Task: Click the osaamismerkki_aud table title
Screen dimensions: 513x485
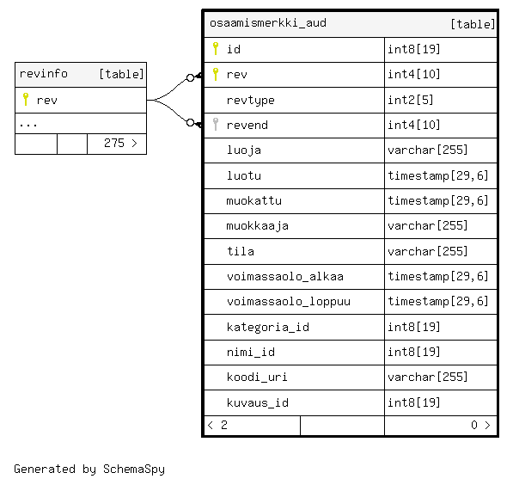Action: [268, 23]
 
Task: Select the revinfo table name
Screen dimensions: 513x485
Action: [44, 74]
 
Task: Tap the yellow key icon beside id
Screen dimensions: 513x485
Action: [216, 48]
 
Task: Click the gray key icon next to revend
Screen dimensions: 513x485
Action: [216, 124]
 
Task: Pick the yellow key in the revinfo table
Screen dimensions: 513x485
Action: [26, 99]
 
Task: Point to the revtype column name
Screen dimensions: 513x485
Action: [250, 101]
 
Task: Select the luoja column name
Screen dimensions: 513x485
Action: [244, 150]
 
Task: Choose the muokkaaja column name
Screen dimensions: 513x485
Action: [257, 226]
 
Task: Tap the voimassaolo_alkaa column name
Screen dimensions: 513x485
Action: [285, 277]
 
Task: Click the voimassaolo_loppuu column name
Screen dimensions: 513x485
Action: [289, 302]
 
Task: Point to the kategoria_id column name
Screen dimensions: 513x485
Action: [267, 327]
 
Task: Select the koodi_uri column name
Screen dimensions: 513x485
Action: [257, 378]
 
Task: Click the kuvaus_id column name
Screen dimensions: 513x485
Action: [258, 402]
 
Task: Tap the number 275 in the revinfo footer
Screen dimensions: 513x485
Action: [114, 143]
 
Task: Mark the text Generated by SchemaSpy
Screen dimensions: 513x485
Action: [89, 469]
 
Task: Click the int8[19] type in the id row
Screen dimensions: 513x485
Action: [414, 49]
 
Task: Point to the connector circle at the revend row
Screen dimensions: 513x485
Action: [190, 122]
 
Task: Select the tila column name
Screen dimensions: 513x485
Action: [241, 251]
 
